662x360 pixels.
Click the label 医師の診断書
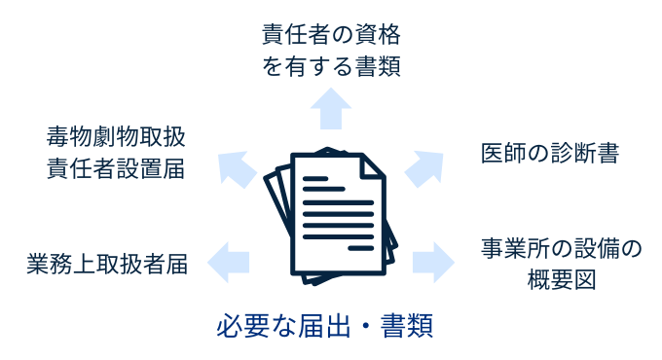(x=549, y=154)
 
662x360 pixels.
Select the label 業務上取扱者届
(x=107, y=263)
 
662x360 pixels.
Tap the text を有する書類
(x=331, y=67)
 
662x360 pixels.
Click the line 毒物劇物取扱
(x=116, y=134)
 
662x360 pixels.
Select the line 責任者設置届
(x=116, y=167)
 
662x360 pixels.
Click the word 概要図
(x=561, y=280)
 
